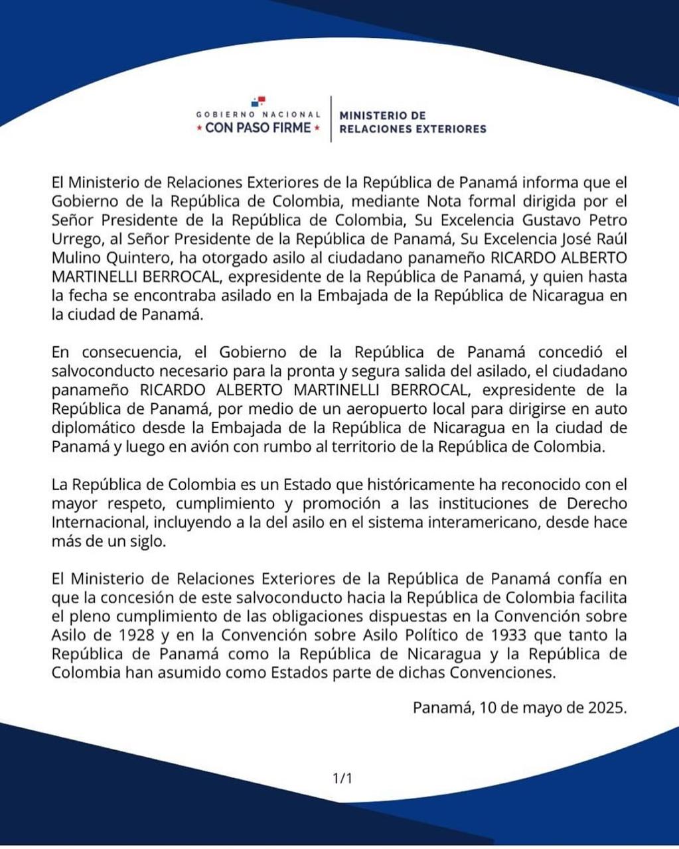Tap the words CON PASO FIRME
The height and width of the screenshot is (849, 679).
click(x=258, y=127)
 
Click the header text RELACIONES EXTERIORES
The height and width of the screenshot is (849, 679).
click(x=412, y=129)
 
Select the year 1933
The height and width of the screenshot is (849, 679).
click(x=447, y=635)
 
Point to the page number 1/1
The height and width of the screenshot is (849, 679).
click(x=342, y=777)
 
